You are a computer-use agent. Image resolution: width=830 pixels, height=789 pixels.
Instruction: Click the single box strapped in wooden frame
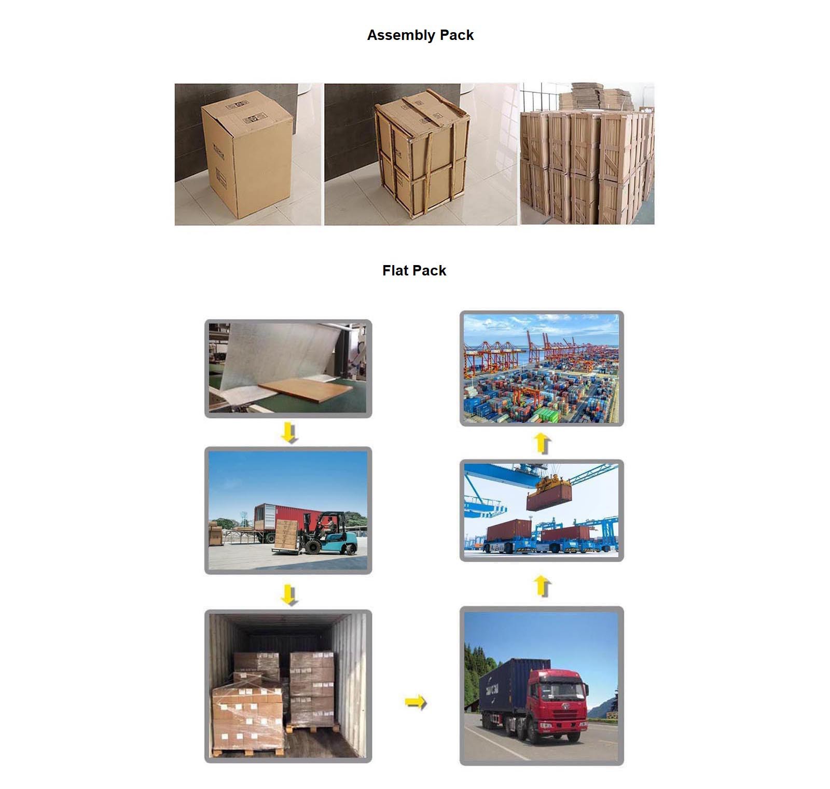click(x=421, y=153)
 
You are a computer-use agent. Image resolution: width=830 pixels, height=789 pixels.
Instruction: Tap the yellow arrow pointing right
click(x=415, y=702)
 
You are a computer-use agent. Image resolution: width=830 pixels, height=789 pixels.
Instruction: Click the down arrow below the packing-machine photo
click(x=289, y=433)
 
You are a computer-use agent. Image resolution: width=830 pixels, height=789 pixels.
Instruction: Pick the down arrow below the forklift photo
click(x=289, y=594)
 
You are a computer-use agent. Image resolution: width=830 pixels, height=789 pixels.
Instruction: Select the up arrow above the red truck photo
click(x=542, y=586)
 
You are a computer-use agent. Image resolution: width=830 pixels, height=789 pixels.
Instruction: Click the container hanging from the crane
click(x=549, y=497)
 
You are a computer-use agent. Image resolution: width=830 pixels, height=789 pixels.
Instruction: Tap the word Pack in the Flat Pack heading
click(x=430, y=271)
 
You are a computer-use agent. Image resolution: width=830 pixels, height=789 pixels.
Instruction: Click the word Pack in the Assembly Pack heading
click(x=457, y=35)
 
